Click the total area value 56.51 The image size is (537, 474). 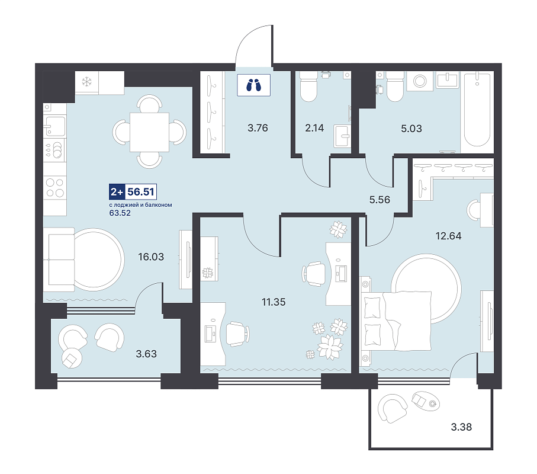pos(141,191)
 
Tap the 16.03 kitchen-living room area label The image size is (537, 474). pos(151,257)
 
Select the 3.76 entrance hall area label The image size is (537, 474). pos(258,128)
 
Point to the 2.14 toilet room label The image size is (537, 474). pos(314,128)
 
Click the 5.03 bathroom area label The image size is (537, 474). pos(411,129)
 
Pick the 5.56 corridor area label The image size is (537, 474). pos(380,200)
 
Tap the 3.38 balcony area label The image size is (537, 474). pos(461,427)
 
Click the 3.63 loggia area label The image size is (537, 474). pos(146,354)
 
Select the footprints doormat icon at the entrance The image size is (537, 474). pos(254,85)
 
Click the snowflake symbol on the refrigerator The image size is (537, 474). pos(87,82)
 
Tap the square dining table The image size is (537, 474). pos(149,132)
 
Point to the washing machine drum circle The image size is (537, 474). pos(420,81)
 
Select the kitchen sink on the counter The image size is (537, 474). pos(55,126)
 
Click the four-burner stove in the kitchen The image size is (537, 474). pos(55,188)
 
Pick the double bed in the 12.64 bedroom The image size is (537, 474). pos(396,322)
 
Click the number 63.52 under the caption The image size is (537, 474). pos(120,213)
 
